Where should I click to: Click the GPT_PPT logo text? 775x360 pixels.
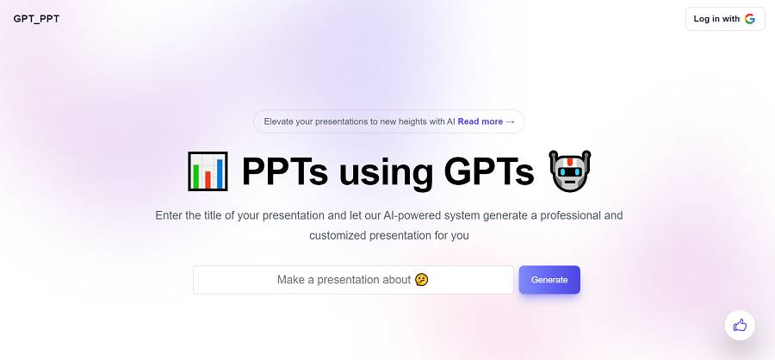[x=36, y=19]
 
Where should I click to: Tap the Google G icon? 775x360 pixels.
[x=750, y=19]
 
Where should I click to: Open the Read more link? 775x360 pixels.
[x=487, y=121]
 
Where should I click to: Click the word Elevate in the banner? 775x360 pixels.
[x=278, y=121]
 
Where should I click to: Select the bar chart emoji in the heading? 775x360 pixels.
[x=208, y=171]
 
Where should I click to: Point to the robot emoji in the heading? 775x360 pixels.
[x=570, y=171]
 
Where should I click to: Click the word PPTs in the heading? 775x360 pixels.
[x=285, y=171]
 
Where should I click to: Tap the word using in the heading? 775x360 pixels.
[x=386, y=174]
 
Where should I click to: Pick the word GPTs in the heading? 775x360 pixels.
[x=488, y=171]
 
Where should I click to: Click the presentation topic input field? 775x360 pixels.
[x=353, y=280]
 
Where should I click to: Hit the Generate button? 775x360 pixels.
[x=549, y=280]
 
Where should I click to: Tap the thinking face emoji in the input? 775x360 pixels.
[x=422, y=279]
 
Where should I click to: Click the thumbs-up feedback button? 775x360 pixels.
[x=740, y=326]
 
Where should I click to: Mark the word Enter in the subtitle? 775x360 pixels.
[x=169, y=215]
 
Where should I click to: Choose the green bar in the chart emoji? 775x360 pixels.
[x=197, y=176]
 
